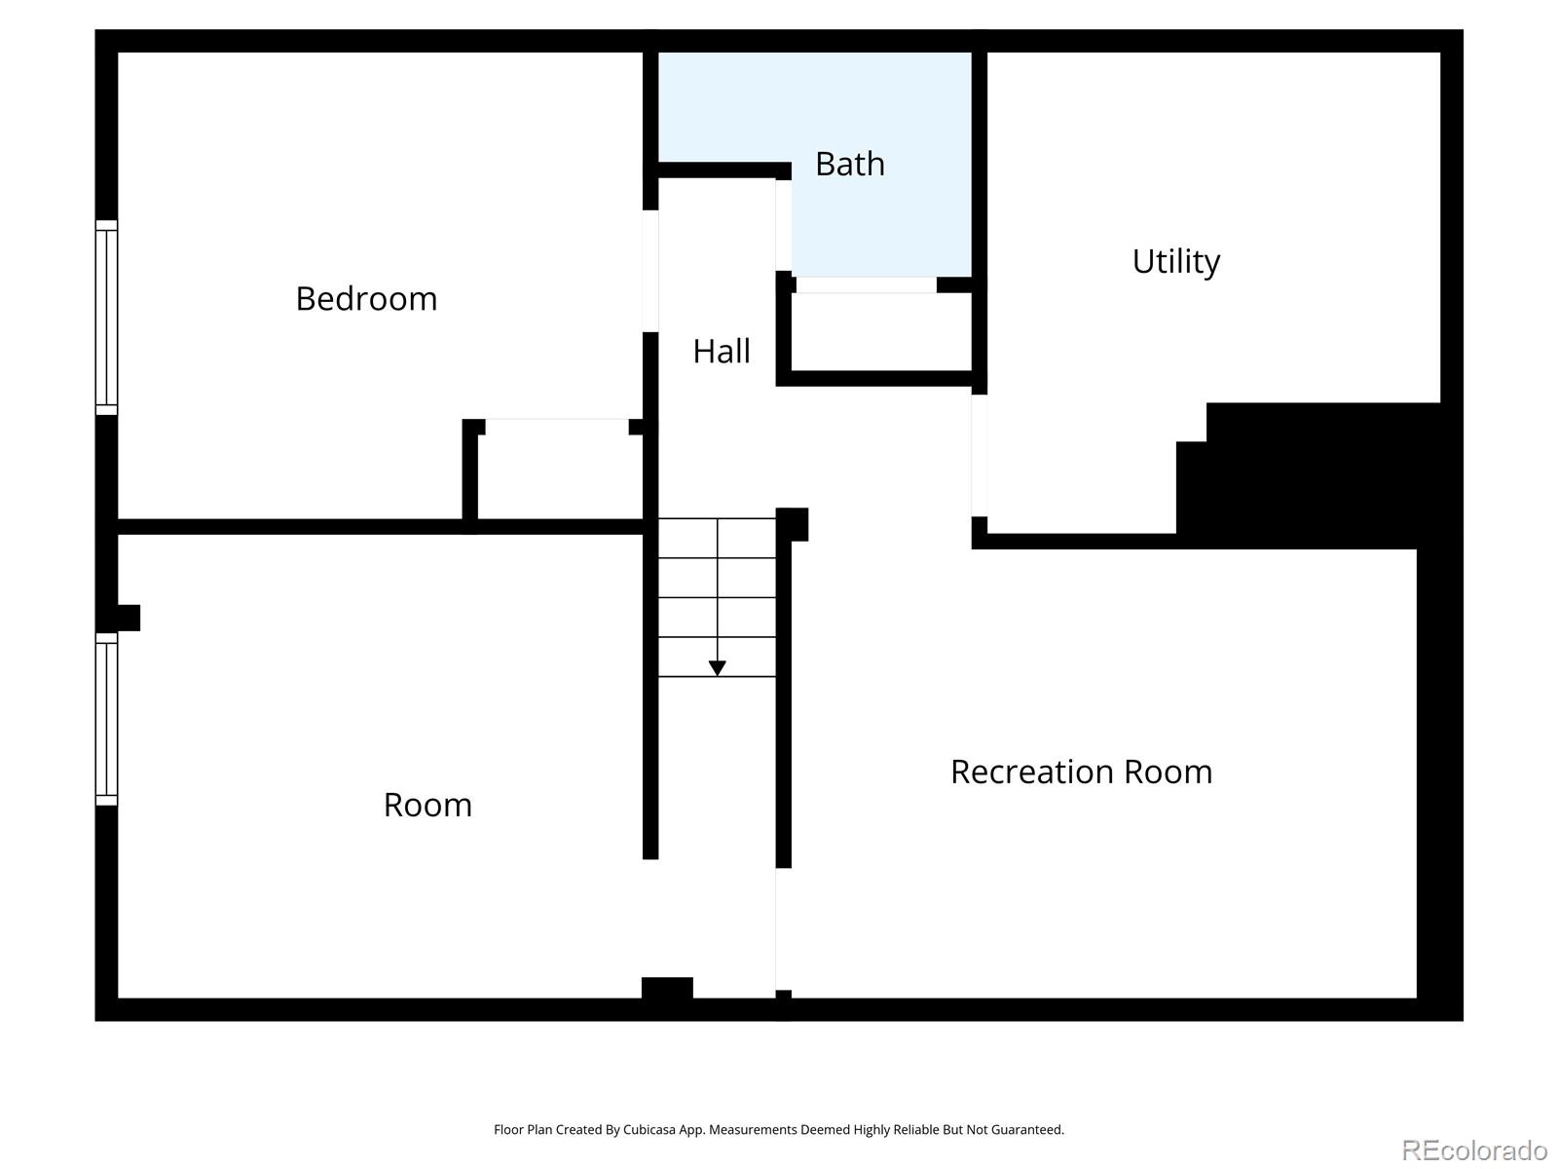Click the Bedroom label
click(366, 299)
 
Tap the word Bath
click(850, 164)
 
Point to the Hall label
click(722, 352)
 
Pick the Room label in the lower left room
click(427, 805)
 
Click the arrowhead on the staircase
click(717, 668)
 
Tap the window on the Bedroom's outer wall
click(106, 318)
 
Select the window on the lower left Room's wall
click(106, 719)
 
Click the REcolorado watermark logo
click(1474, 1150)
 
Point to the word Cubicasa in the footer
click(649, 1129)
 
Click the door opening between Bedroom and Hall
click(650, 271)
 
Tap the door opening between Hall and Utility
click(979, 456)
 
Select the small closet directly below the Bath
click(881, 331)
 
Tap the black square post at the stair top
click(792, 524)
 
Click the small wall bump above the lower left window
click(129, 618)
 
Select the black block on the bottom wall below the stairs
click(667, 988)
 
